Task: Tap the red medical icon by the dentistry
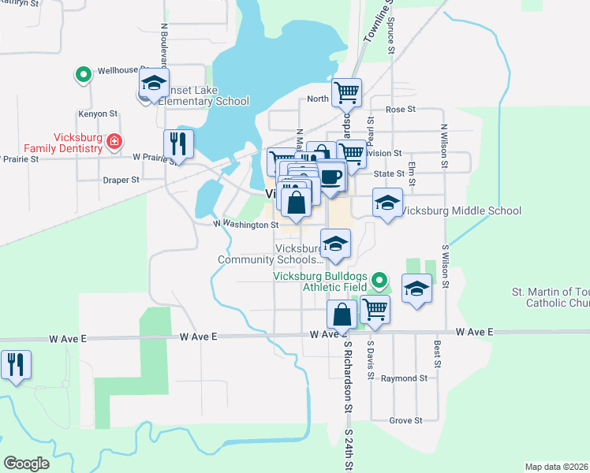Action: coord(115,141)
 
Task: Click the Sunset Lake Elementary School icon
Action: coord(154,84)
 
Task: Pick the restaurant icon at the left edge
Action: coord(15,365)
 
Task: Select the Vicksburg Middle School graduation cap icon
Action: coord(387,203)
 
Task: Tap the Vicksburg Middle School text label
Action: coord(461,210)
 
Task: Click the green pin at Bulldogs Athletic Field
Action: coord(379,279)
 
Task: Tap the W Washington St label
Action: coord(247,225)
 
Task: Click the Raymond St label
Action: coord(404,378)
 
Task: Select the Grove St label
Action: coord(406,421)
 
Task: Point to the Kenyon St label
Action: coord(98,114)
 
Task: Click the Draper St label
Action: coord(121,180)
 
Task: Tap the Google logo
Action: coord(27,464)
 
